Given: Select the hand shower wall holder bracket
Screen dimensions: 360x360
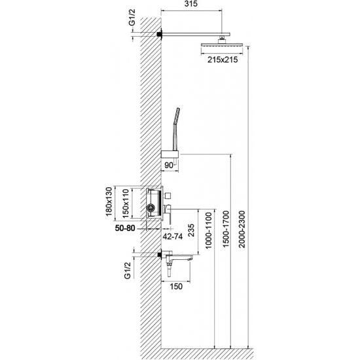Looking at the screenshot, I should pyautogui.click(x=171, y=154).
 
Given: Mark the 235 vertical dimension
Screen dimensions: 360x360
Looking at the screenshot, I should pyautogui.click(x=191, y=231).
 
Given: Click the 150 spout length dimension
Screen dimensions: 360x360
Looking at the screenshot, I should pyautogui.click(x=175, y=286).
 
